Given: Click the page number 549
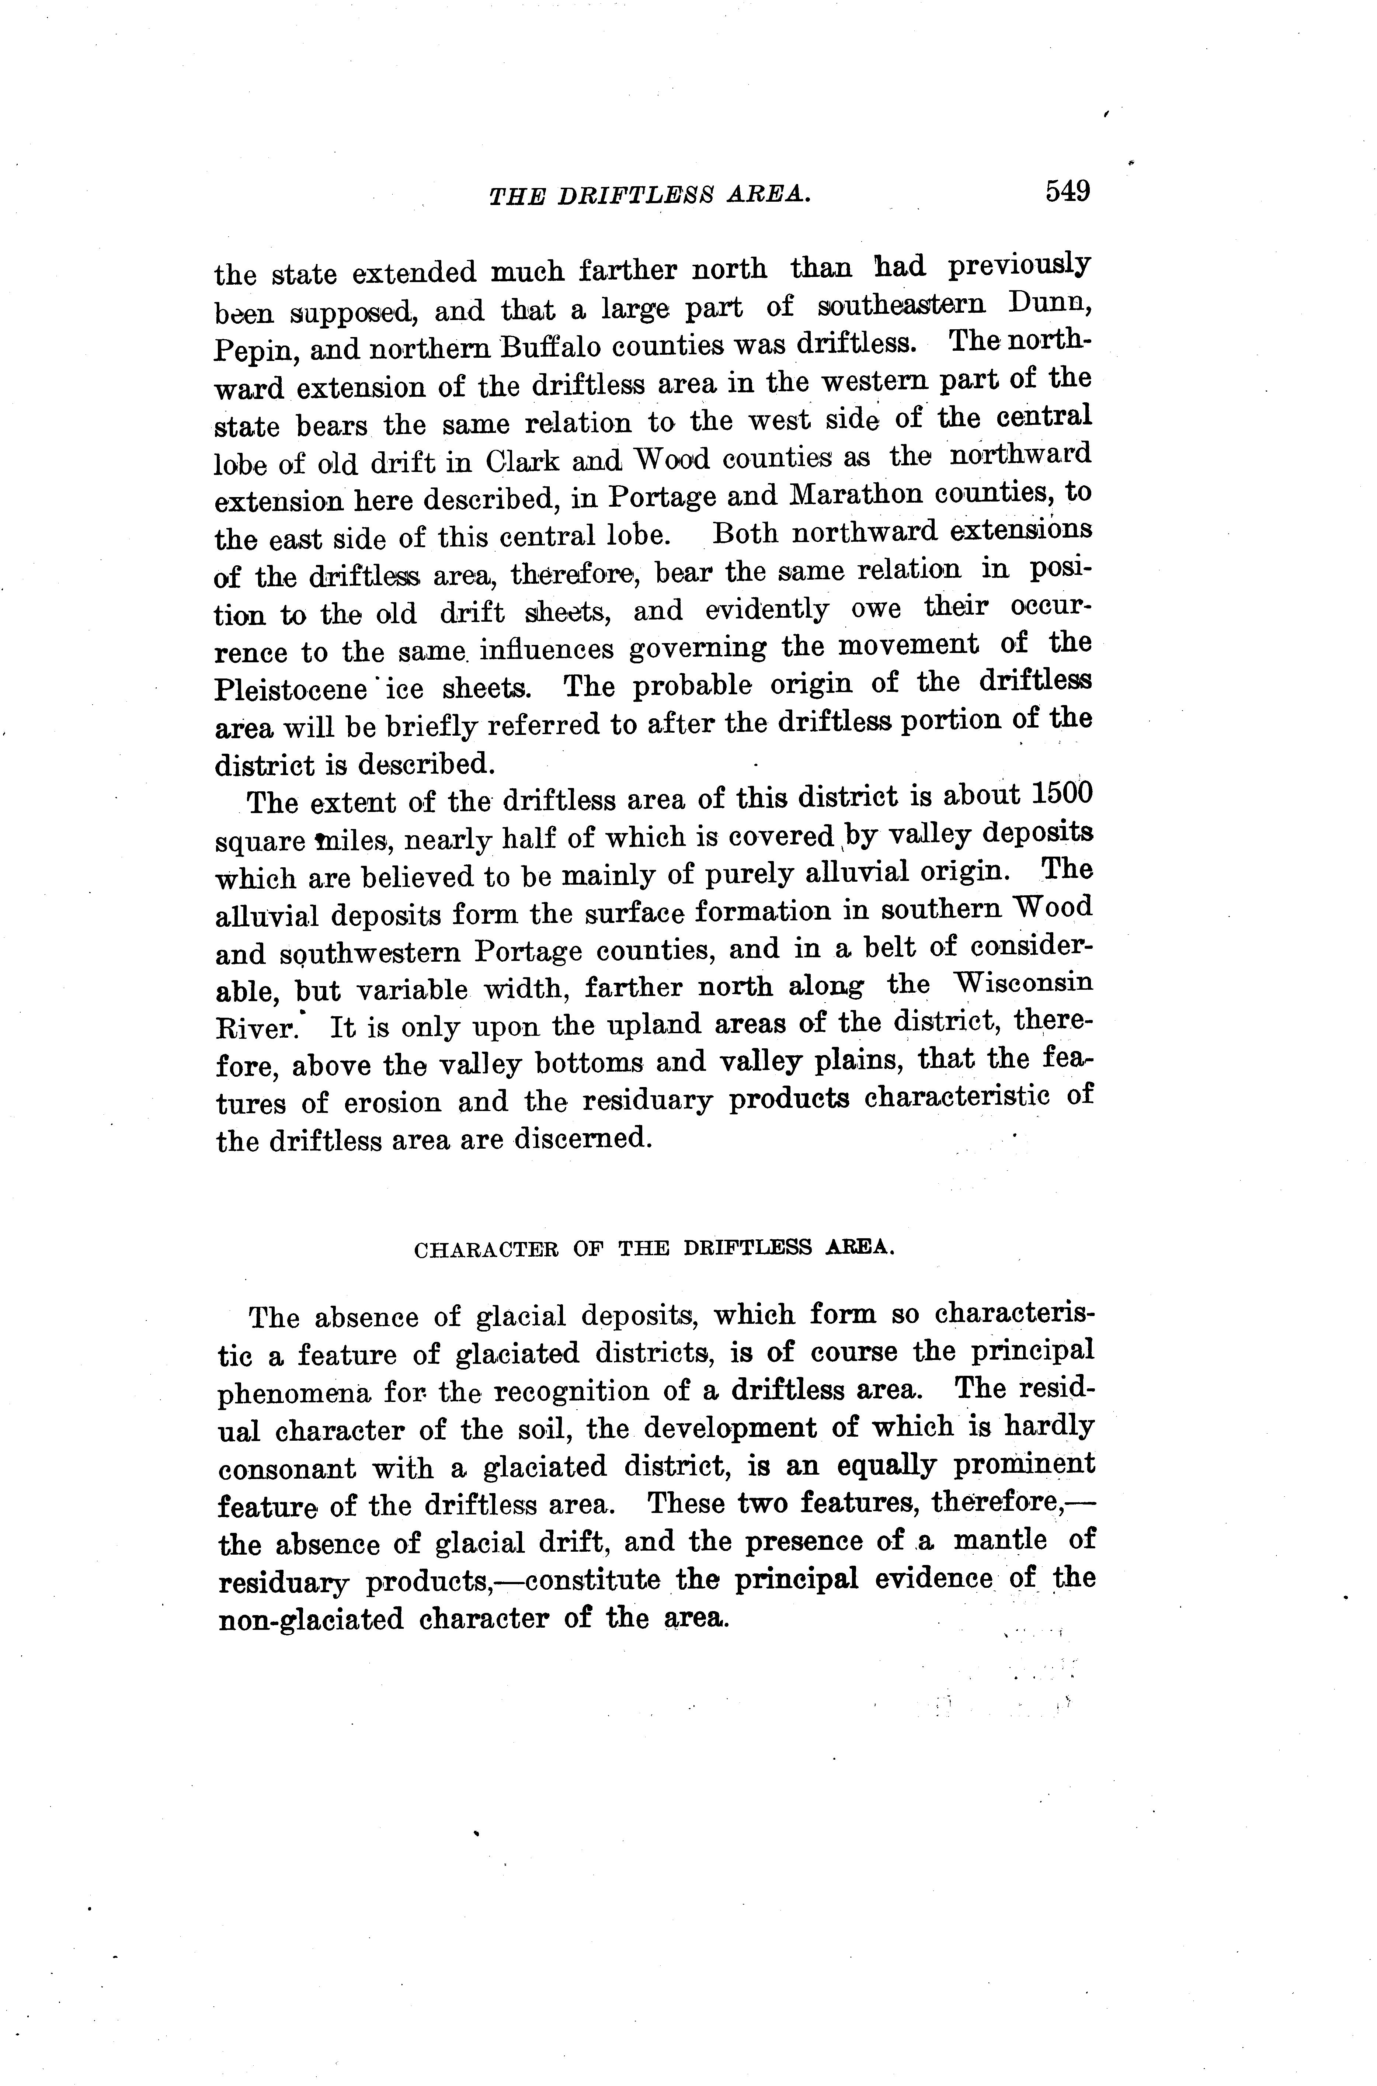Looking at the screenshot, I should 1067,191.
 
